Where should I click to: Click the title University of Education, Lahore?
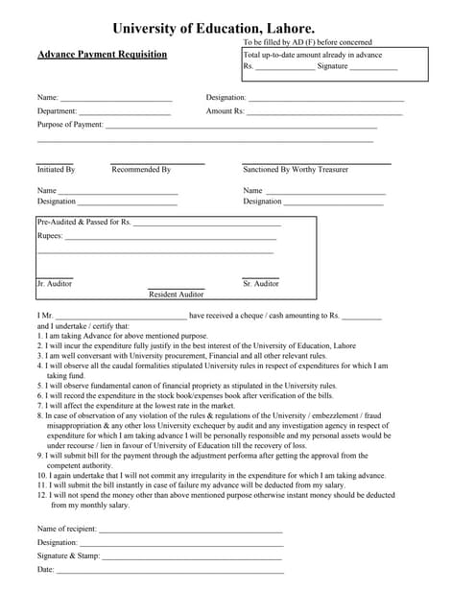coord(213,30)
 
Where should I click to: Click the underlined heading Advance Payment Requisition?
coord(102,55)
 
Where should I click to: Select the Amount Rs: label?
coord(226,111)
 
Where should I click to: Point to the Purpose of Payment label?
coord(70,125)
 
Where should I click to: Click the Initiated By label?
coord(56,170)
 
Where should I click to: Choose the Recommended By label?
coord(141,170)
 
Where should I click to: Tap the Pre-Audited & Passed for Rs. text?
coord(83,223)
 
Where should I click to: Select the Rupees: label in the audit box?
coord(50,235)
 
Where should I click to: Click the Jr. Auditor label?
coord(55,284)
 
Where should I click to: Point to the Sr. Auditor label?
coord(261,284)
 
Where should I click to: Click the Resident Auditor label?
coord(176,295)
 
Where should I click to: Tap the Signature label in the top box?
coord(333,66)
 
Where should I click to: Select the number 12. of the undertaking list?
coord(43,496)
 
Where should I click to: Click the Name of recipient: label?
coord(67,529)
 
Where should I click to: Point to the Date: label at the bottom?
coord(46,570)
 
